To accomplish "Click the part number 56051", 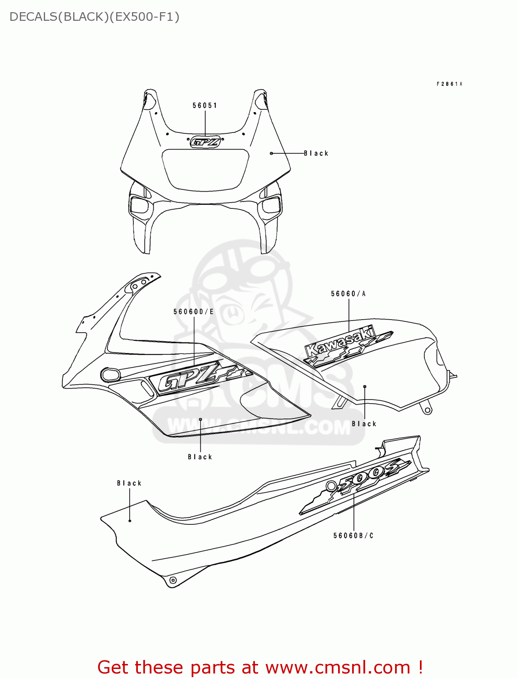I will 205,105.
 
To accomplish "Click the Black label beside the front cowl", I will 316,153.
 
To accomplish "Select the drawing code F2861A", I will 449,84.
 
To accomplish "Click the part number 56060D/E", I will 193,311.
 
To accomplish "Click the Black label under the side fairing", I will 200,457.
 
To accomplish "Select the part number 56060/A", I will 348,294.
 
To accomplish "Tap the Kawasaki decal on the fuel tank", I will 344,346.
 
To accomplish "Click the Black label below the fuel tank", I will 364,424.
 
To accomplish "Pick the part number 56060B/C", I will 353,536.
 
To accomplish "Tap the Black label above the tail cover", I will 129,483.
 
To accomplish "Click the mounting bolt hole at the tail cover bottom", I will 172,580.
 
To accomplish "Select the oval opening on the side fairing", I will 110,374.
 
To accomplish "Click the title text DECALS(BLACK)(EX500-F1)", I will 94,17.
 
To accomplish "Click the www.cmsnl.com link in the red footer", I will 338,667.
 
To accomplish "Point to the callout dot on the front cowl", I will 271,154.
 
